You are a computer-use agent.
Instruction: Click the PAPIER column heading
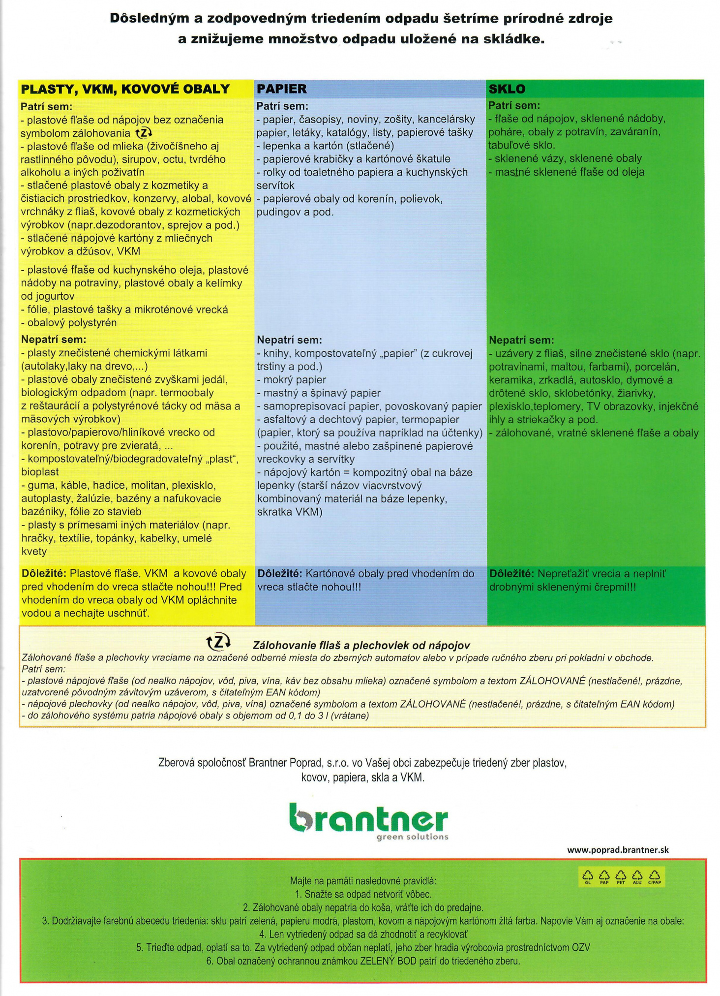[281, 89]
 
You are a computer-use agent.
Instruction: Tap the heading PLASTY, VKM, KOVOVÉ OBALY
[125, 89]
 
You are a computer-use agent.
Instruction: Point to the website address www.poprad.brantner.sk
[618, 850]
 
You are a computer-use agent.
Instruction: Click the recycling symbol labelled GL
[588, 876]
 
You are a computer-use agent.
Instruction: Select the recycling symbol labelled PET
[621, 876]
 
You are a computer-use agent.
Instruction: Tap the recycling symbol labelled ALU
[637, 876]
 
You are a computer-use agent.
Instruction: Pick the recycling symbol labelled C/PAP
[655, 876]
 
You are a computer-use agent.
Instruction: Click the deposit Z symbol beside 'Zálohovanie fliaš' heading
[217, 642]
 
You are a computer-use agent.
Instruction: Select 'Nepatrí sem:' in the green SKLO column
[521, 340]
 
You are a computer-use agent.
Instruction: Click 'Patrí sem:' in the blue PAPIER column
[282, 106]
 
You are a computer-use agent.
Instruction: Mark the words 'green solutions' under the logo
[412, 837]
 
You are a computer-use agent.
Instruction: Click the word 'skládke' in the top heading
[519, 39]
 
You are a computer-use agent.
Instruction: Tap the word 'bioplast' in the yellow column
[40, 472]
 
